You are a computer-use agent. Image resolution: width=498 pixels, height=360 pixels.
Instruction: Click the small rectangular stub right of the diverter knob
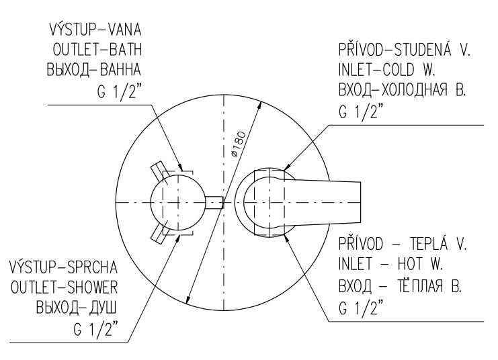pyautogui.click(x=214, y=202)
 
